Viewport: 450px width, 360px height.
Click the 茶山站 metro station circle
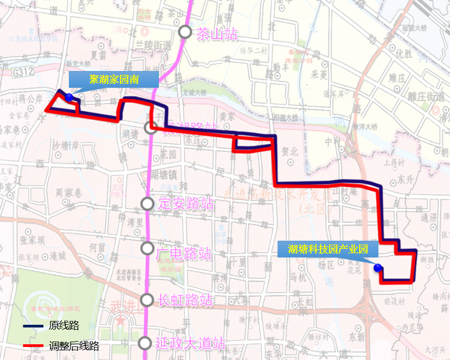(185, 32)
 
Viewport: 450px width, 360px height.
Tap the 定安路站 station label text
(185, 204)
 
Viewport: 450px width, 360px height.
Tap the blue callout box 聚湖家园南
(114, 79)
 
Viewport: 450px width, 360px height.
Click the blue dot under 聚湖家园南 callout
(69, 97)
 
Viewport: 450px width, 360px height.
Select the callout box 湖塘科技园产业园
(327, 249)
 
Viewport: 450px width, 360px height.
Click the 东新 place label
(357, 336)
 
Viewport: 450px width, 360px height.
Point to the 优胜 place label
(404, 53)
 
